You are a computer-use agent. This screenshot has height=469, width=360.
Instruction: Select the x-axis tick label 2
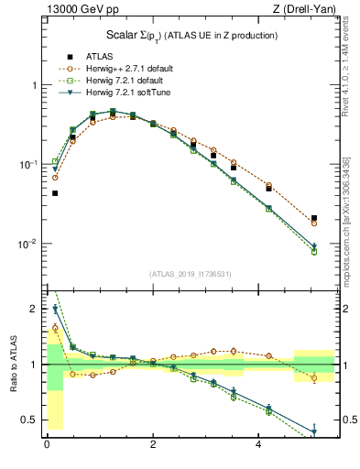(153, 444)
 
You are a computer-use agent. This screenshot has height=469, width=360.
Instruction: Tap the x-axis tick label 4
(259, 444)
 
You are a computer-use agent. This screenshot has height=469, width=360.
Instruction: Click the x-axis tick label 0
(47, 444)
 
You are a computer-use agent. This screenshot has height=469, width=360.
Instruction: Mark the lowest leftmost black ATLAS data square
(55, 193)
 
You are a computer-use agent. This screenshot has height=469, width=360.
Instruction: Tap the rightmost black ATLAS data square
(314, 218)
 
